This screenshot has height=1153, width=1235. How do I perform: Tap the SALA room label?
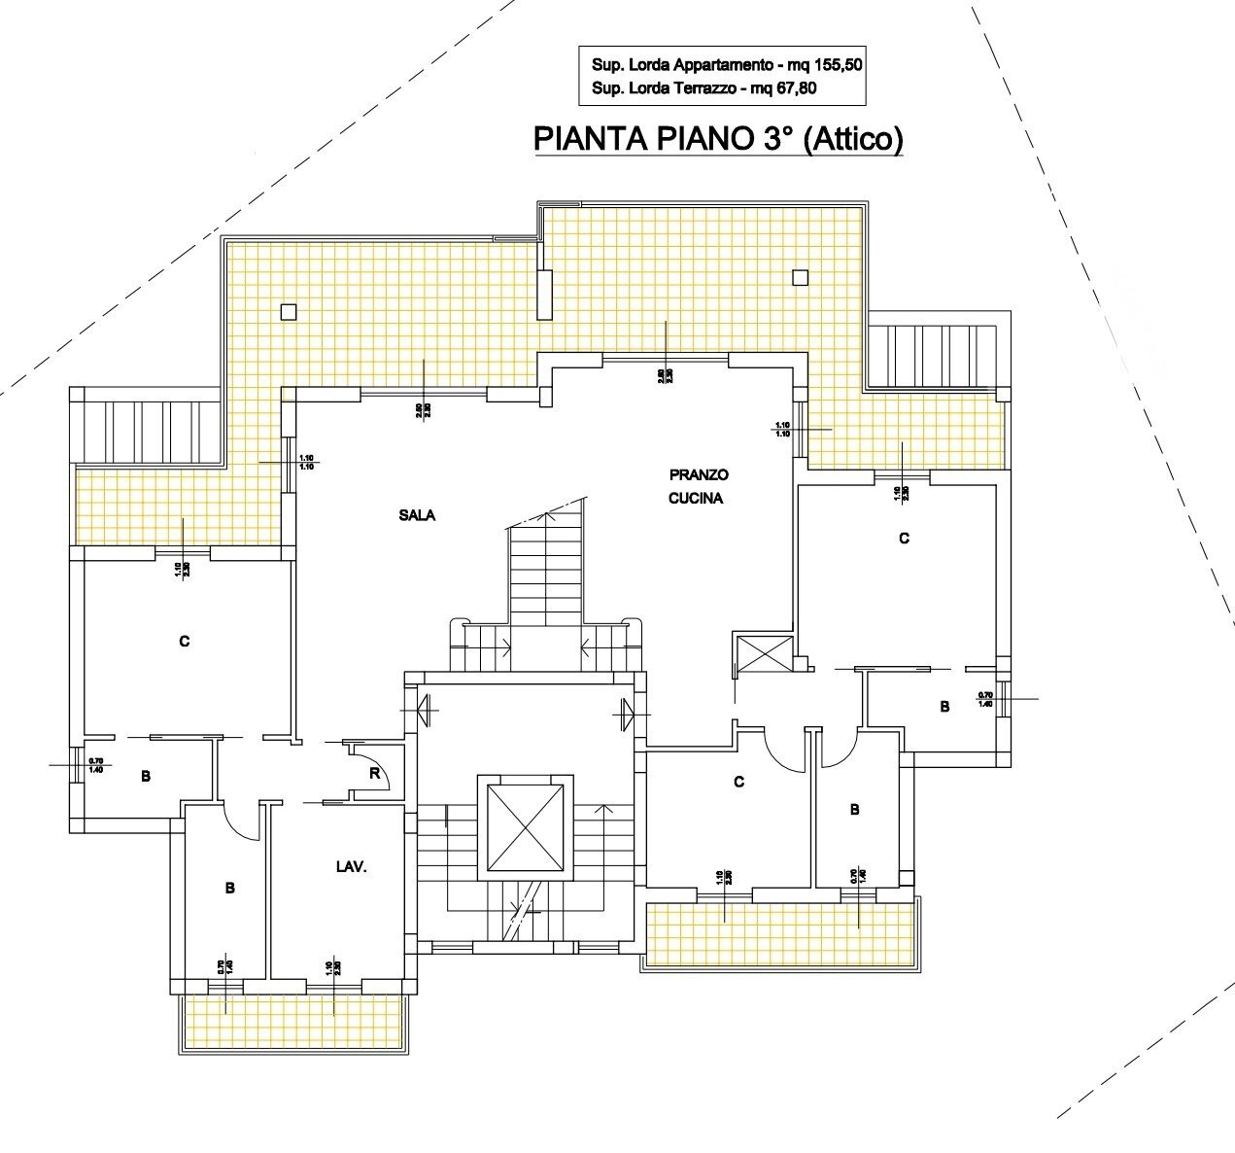coord(417,516)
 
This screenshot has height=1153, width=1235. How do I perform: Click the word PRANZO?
coord(699,475)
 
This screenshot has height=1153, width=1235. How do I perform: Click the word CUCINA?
coord(699,498)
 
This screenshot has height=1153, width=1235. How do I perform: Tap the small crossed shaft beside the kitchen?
coord(752,652)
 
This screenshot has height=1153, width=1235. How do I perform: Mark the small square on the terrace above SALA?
coord(288,312)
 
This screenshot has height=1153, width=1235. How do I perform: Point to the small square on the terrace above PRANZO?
coord(800,277)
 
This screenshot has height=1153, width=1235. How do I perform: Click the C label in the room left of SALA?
coord(184,642)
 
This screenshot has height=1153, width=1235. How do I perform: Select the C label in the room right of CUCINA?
coord(904,538)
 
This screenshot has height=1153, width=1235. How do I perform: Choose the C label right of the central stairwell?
coord(738,782)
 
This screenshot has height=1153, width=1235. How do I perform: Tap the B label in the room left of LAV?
coord(229,888)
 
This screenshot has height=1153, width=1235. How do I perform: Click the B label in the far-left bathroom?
coord(145,776)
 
